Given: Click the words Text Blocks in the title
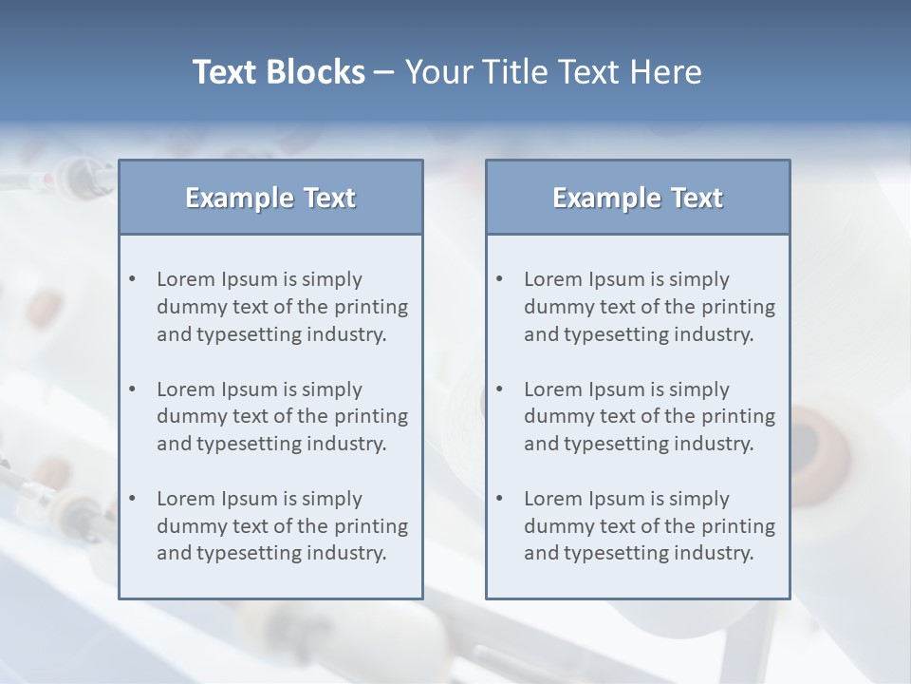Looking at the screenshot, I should [x=278, y=72].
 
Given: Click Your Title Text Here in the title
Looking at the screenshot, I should [x=553, y=72].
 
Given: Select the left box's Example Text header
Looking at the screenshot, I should [x=270, y=198].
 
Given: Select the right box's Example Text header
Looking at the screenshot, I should [x=638, y=198].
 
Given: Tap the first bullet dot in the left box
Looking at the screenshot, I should [x=132, y=279].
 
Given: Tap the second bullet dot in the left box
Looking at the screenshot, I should [x=132, y=389].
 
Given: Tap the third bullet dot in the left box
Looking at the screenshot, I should [x=132, y=499].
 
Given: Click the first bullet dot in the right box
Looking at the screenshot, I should [x=499, y=279].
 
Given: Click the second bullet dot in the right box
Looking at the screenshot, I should [x=499, y=389].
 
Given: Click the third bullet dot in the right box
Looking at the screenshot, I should [x=499, y=499].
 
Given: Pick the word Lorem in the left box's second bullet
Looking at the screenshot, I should [x=186, y=389].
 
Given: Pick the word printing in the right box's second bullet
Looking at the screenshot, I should [x=737, y=416].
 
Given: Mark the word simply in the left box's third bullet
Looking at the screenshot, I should [x=332, y=499].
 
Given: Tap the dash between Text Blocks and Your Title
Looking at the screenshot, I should [x=384, y=72].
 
